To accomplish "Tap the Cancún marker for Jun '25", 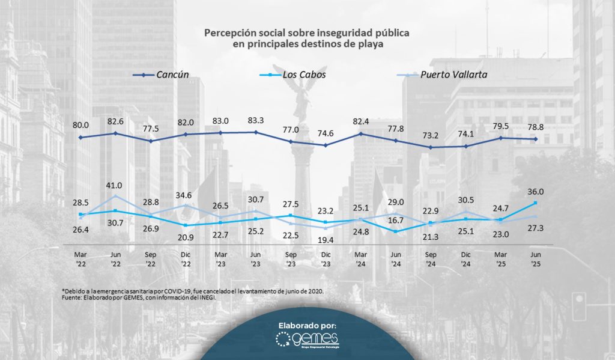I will coord(535,139).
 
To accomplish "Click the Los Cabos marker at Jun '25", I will coord(535,203).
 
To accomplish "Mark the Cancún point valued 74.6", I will coord(326,145).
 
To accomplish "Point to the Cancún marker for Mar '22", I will coord(80,138).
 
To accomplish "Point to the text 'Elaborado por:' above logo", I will coord(307,325).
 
